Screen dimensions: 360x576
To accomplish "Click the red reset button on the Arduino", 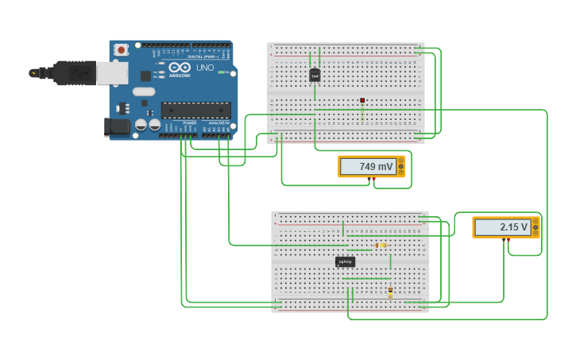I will pyautogui.click(x=121, y=49).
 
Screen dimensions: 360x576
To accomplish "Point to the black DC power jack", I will pyautogui.click(x=117, y=126).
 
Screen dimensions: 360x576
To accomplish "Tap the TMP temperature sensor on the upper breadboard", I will pyautogui.click(x=315, y=75).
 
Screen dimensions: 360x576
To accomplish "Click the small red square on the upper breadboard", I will pyautogui.click(x=362, y=100).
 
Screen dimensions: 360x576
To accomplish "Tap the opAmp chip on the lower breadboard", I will pyautogui.click(x=345, y=261).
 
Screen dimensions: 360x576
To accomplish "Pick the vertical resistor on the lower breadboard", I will pyautogui.click(x=390, y=292).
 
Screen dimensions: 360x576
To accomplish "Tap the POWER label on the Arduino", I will pyautogui.click(x=190, y=123).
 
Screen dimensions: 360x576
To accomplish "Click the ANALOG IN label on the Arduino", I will pyautogui.click(x=218, y=123).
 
